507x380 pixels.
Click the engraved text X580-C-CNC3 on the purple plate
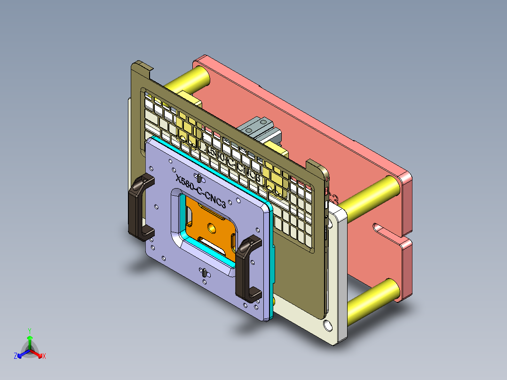200,192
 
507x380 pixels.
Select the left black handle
140,207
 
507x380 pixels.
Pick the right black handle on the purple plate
248,268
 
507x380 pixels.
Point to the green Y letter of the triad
29,331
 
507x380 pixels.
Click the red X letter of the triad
44,356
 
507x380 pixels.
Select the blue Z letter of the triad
16,356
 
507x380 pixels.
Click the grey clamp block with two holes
256,127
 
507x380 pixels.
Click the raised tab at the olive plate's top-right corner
315,167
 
